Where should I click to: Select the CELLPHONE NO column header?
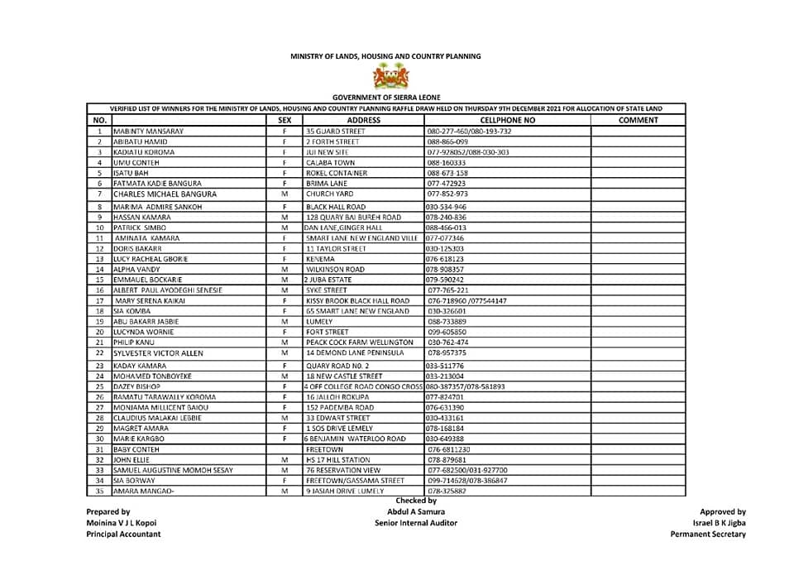coord(508,120)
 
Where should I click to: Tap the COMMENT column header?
coord(638,120)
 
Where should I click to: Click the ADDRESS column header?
coord(364,120)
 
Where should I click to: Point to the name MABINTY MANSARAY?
coord(149,132)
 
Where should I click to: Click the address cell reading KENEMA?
coord(319,259)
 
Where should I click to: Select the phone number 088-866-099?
coord(448,142)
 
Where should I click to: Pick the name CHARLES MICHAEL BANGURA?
coord(165,194)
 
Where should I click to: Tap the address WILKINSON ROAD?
coord(335,270)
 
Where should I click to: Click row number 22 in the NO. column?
coord(98,353)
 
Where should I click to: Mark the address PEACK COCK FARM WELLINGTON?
coord(360,342)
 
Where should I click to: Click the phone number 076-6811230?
coord(452,449)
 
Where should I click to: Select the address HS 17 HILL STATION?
coord(338,459)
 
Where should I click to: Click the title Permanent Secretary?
coord(707,535)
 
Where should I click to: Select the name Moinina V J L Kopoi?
coord(123,524)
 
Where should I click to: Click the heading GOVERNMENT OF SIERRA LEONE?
coord(385,98)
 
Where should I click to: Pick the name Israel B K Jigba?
coord(718,524)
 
